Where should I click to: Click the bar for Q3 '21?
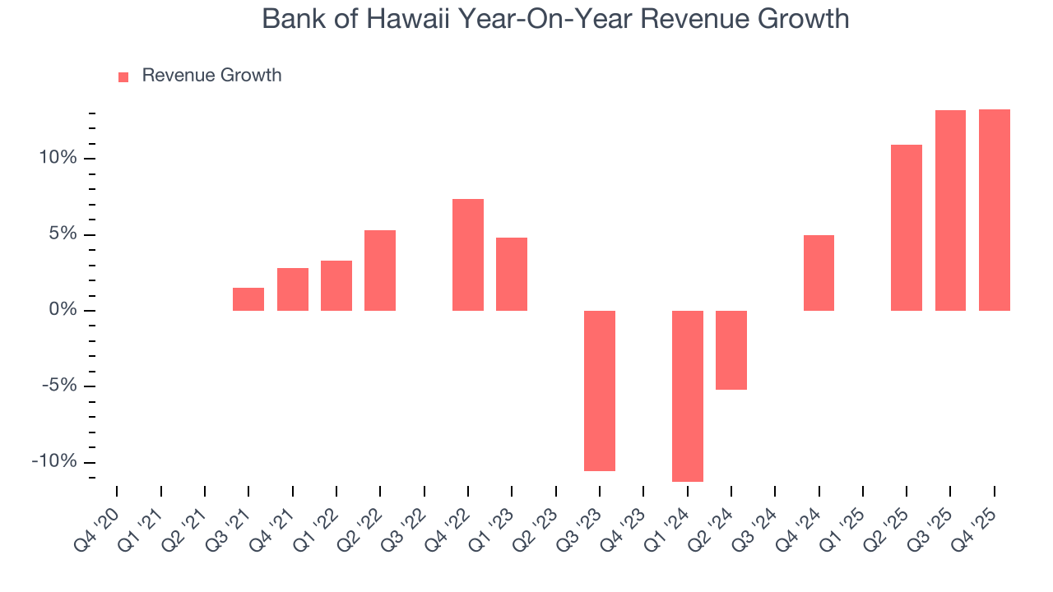coord(248,299)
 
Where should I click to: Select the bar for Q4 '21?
coord(292,289)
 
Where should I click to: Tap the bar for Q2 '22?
coord(380,271)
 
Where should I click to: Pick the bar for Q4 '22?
coord(468,255)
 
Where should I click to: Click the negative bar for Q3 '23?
coord(600,391)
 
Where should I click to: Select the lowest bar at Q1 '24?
coord(688,395)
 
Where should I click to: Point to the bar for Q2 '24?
coord(731,350)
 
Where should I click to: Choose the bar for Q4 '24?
coord(819,273)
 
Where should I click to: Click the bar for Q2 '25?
coord(907,228)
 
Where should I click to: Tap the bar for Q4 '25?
coord(995,210)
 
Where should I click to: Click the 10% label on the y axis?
coord(57,158)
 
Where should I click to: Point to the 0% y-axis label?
coord(63,310)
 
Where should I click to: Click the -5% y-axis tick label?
coord(58,386)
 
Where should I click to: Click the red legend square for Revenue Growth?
coord(123,76)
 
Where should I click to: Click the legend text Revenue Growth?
coord(211,76)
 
